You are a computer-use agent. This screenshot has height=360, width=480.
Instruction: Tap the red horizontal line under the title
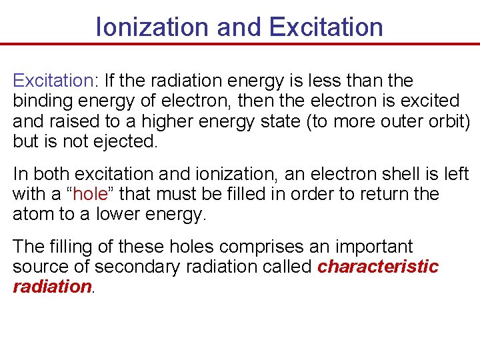tap(240, 45)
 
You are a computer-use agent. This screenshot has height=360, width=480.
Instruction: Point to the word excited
tap(426, 101)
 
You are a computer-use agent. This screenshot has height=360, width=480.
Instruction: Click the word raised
tap(82, 121)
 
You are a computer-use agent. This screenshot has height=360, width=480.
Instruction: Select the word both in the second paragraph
tap(51, 174)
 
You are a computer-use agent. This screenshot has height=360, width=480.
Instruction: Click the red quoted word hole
tap(89, 195)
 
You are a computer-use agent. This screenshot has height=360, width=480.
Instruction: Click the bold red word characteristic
tap(378, 267)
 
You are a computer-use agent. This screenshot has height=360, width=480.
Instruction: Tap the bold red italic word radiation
tap(52, 287)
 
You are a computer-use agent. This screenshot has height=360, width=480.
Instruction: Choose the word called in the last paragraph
tap(288, 267)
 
